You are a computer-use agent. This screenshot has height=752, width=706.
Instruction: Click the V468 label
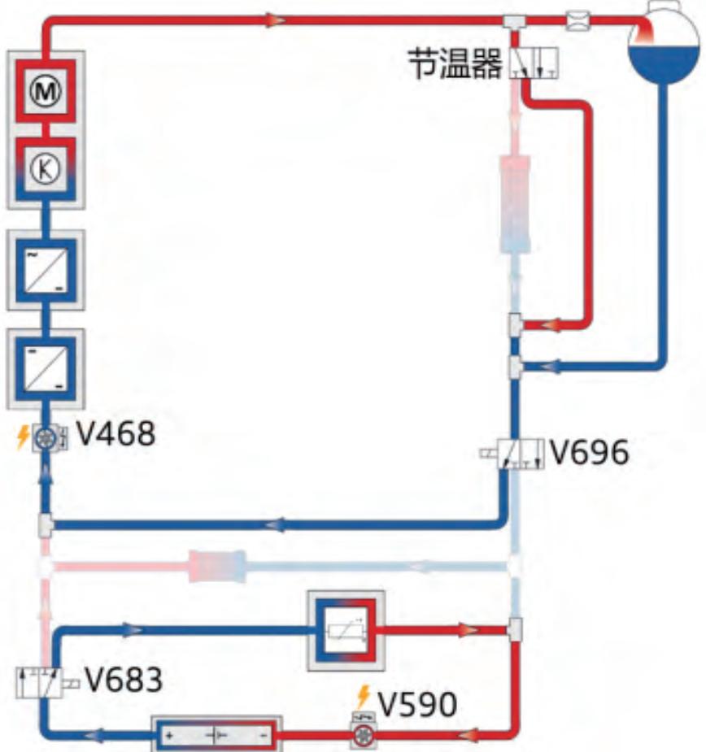(116, 433)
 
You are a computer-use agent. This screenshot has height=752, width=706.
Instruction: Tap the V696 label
(589, 452)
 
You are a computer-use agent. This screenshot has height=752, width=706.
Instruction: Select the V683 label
(124, 680)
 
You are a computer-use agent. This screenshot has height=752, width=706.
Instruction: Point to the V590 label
(417, 705)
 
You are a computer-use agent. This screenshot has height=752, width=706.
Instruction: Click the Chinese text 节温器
(455, 63)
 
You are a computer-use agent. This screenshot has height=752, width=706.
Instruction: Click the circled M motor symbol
(46, 90)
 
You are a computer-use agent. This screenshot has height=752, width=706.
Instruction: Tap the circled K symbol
(46, 169)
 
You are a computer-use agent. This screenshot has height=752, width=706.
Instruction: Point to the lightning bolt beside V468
(23, 437)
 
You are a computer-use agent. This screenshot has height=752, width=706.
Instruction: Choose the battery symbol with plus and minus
(217, 734)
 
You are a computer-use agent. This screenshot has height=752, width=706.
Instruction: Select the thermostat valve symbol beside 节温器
(534, 63)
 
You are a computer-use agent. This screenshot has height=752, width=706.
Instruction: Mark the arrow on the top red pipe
(276, 20)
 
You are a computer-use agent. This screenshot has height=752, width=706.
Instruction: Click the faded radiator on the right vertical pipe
(515, 204)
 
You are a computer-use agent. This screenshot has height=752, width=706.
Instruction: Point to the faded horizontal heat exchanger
(217, 567)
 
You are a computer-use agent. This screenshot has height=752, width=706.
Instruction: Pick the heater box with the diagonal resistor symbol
(346, 631)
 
